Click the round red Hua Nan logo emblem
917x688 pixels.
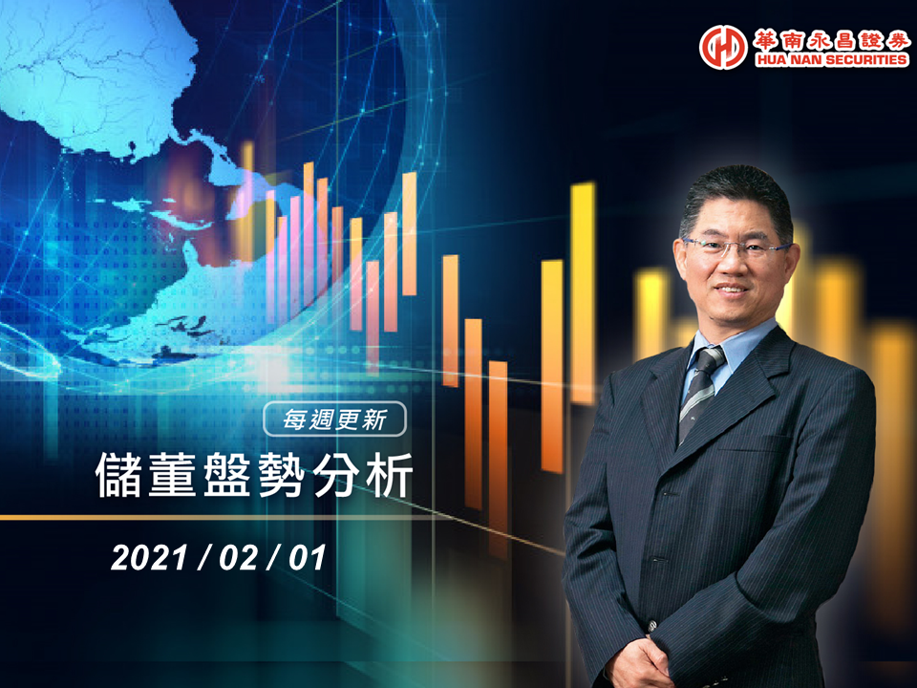pos(723,48)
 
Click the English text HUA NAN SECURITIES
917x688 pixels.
pos(831,59)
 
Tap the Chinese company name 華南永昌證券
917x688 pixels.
pos(831,40)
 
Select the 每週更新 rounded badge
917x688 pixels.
pos(334,419)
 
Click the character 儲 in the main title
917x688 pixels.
pos(118,475)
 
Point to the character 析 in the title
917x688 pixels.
pos(390,475)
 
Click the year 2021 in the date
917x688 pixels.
pos(149,557)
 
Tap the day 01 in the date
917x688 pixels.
pos(307,557)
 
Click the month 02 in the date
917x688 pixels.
pos(238,557)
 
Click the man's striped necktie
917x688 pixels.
pos(699,391)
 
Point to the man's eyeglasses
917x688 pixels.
pos(736,248)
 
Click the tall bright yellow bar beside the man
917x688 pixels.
pos(583,293)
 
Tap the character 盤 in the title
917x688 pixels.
pos(227,475)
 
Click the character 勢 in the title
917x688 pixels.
pos(282,475)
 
